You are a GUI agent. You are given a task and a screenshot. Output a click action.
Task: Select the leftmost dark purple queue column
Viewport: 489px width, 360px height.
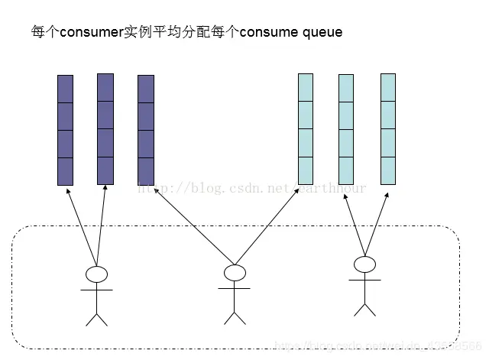click(x=65, y=129)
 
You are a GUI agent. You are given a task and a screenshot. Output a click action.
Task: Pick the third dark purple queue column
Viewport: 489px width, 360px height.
click(x=145, y=129)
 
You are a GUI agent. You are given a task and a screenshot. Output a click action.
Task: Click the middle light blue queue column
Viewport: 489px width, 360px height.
click(x=346, y=129)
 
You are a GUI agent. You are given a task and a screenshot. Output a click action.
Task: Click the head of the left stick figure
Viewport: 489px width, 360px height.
click(x=96, y=274)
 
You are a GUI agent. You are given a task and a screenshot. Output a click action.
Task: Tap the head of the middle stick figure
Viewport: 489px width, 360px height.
click(x=235, y=272)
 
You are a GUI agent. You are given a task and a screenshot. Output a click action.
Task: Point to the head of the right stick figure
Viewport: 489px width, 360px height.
click(x=364, y=264)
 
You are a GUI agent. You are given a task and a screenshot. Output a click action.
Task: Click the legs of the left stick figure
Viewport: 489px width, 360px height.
click(x=96, y=316)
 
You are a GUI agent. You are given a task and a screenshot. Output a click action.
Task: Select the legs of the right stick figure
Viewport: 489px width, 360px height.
click(x=364, y=307)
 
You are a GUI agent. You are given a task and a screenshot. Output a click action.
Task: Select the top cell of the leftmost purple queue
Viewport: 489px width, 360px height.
click(x=65, y=88)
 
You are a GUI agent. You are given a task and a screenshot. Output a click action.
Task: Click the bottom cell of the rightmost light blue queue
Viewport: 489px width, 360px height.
click(x=388, y=170)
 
